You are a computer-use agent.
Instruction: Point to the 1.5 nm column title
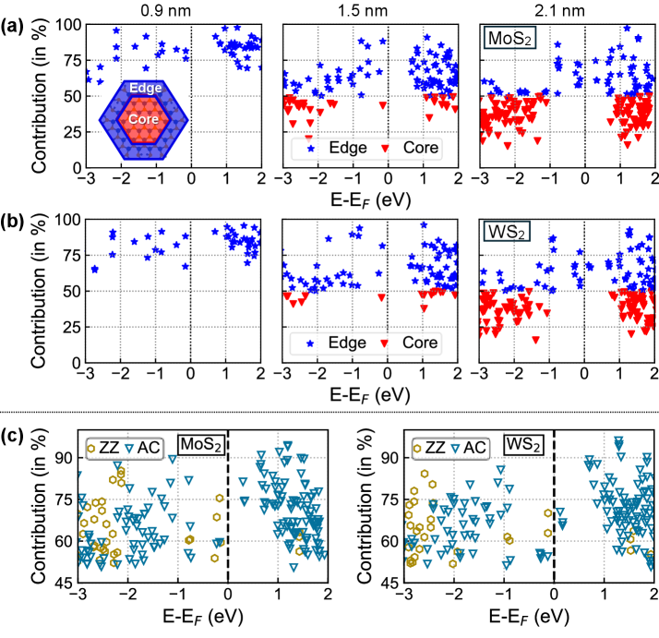tap(369, 8)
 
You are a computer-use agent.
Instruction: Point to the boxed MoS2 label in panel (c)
tap(200, 447)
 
